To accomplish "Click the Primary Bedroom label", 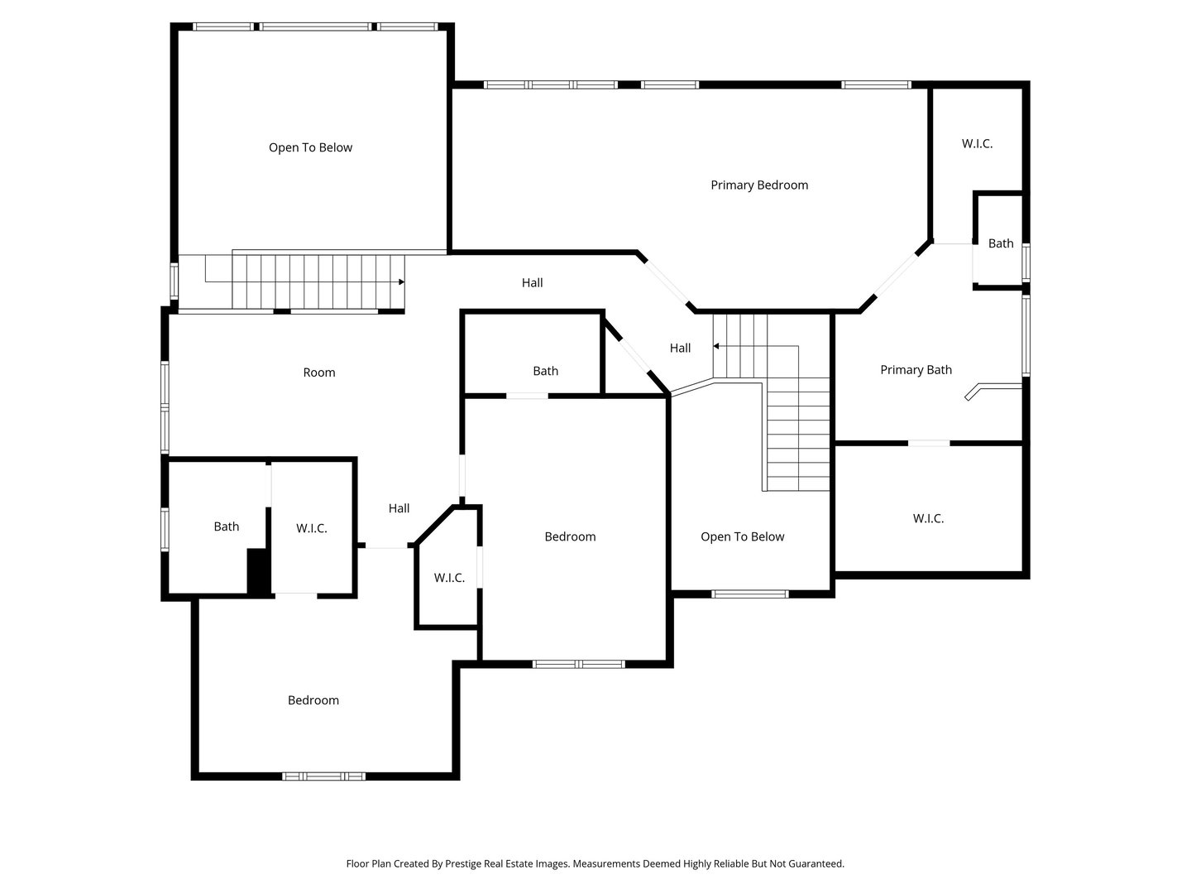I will [759, 185].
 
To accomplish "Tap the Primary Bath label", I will [916, 370].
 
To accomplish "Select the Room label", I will [319, 372].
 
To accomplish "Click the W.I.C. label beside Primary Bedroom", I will [977, 144].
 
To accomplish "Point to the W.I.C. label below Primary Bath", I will [928, 519].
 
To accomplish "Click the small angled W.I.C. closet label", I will [449, 578].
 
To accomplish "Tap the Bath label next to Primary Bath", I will [1001, 243].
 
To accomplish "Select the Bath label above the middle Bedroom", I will [545, 371].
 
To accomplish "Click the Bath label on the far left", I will [226, 526].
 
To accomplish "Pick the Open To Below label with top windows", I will [310, 148].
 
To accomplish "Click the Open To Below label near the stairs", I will [742, 537].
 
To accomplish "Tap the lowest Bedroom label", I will [313, 700].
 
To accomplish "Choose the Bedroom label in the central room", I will [570, 537].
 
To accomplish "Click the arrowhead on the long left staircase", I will [401, 282].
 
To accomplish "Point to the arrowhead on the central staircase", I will [717, 346].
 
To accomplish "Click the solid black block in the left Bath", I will [259, 570].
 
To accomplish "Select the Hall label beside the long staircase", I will [532, 283].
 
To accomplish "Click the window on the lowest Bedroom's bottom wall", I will [323, 776].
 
